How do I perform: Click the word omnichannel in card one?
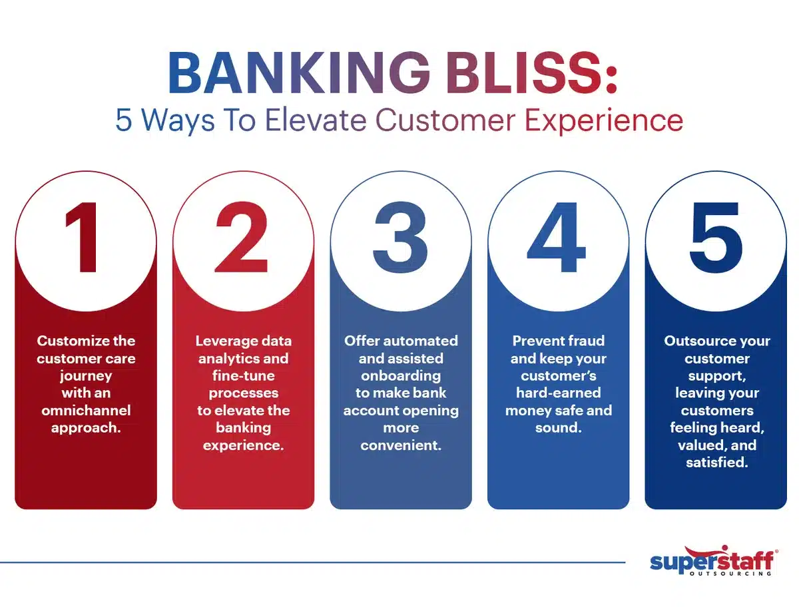click(86, 410)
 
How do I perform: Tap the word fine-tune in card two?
click(243, 375)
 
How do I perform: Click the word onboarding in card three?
click(400, 375)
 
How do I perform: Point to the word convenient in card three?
click(400, 445)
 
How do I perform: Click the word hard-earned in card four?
click(558, 393)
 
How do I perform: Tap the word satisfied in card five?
click(716, 462)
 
